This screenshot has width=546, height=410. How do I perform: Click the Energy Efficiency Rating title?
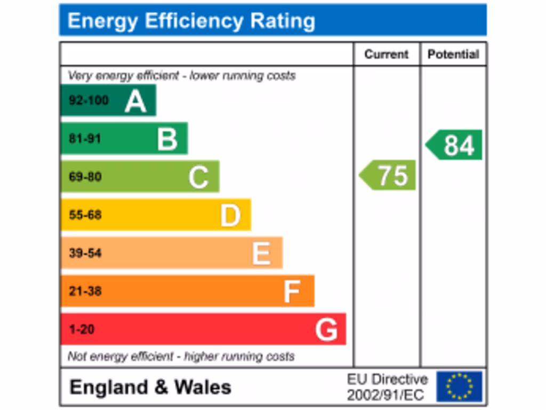tap(191, 21)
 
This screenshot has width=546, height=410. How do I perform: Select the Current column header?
tap(386, 54)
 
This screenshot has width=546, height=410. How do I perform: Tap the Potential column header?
tap(453, 54)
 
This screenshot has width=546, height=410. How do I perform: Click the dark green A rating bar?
tap(108, 100)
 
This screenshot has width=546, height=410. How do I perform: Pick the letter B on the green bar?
tap(167, 139)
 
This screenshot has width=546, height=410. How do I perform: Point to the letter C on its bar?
tap(198, 177)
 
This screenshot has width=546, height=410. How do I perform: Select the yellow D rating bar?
tap(156, 215)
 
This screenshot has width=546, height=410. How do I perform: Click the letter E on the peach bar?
tap(261, 254)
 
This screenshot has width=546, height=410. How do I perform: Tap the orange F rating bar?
tap(187, 291)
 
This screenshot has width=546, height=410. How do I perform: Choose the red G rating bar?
tap(203, 329)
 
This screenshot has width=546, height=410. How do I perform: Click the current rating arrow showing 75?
tap(388, 175)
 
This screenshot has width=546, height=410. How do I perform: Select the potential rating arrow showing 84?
tap(455, 145)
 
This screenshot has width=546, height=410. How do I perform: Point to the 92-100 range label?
tap(89, 100)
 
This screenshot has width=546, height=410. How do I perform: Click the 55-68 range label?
tap(85, 215)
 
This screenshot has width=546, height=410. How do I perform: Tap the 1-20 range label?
tap(82, 329)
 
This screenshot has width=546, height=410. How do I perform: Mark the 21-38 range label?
tap(85, 291)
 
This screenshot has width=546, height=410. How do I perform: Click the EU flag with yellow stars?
tap(459, 387)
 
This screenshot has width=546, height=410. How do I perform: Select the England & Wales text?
tap(150, 387)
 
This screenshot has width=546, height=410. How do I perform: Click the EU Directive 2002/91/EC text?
tap(387, 387)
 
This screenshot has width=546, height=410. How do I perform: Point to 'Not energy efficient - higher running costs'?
tap(181, 356)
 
